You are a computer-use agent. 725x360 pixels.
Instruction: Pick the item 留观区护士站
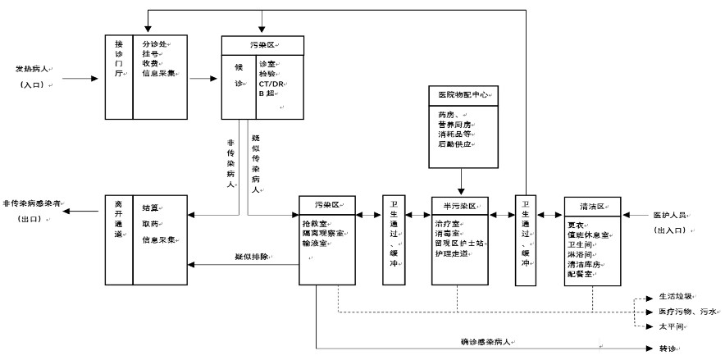coord(462,244)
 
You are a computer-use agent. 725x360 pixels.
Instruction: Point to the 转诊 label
coord(667,349)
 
